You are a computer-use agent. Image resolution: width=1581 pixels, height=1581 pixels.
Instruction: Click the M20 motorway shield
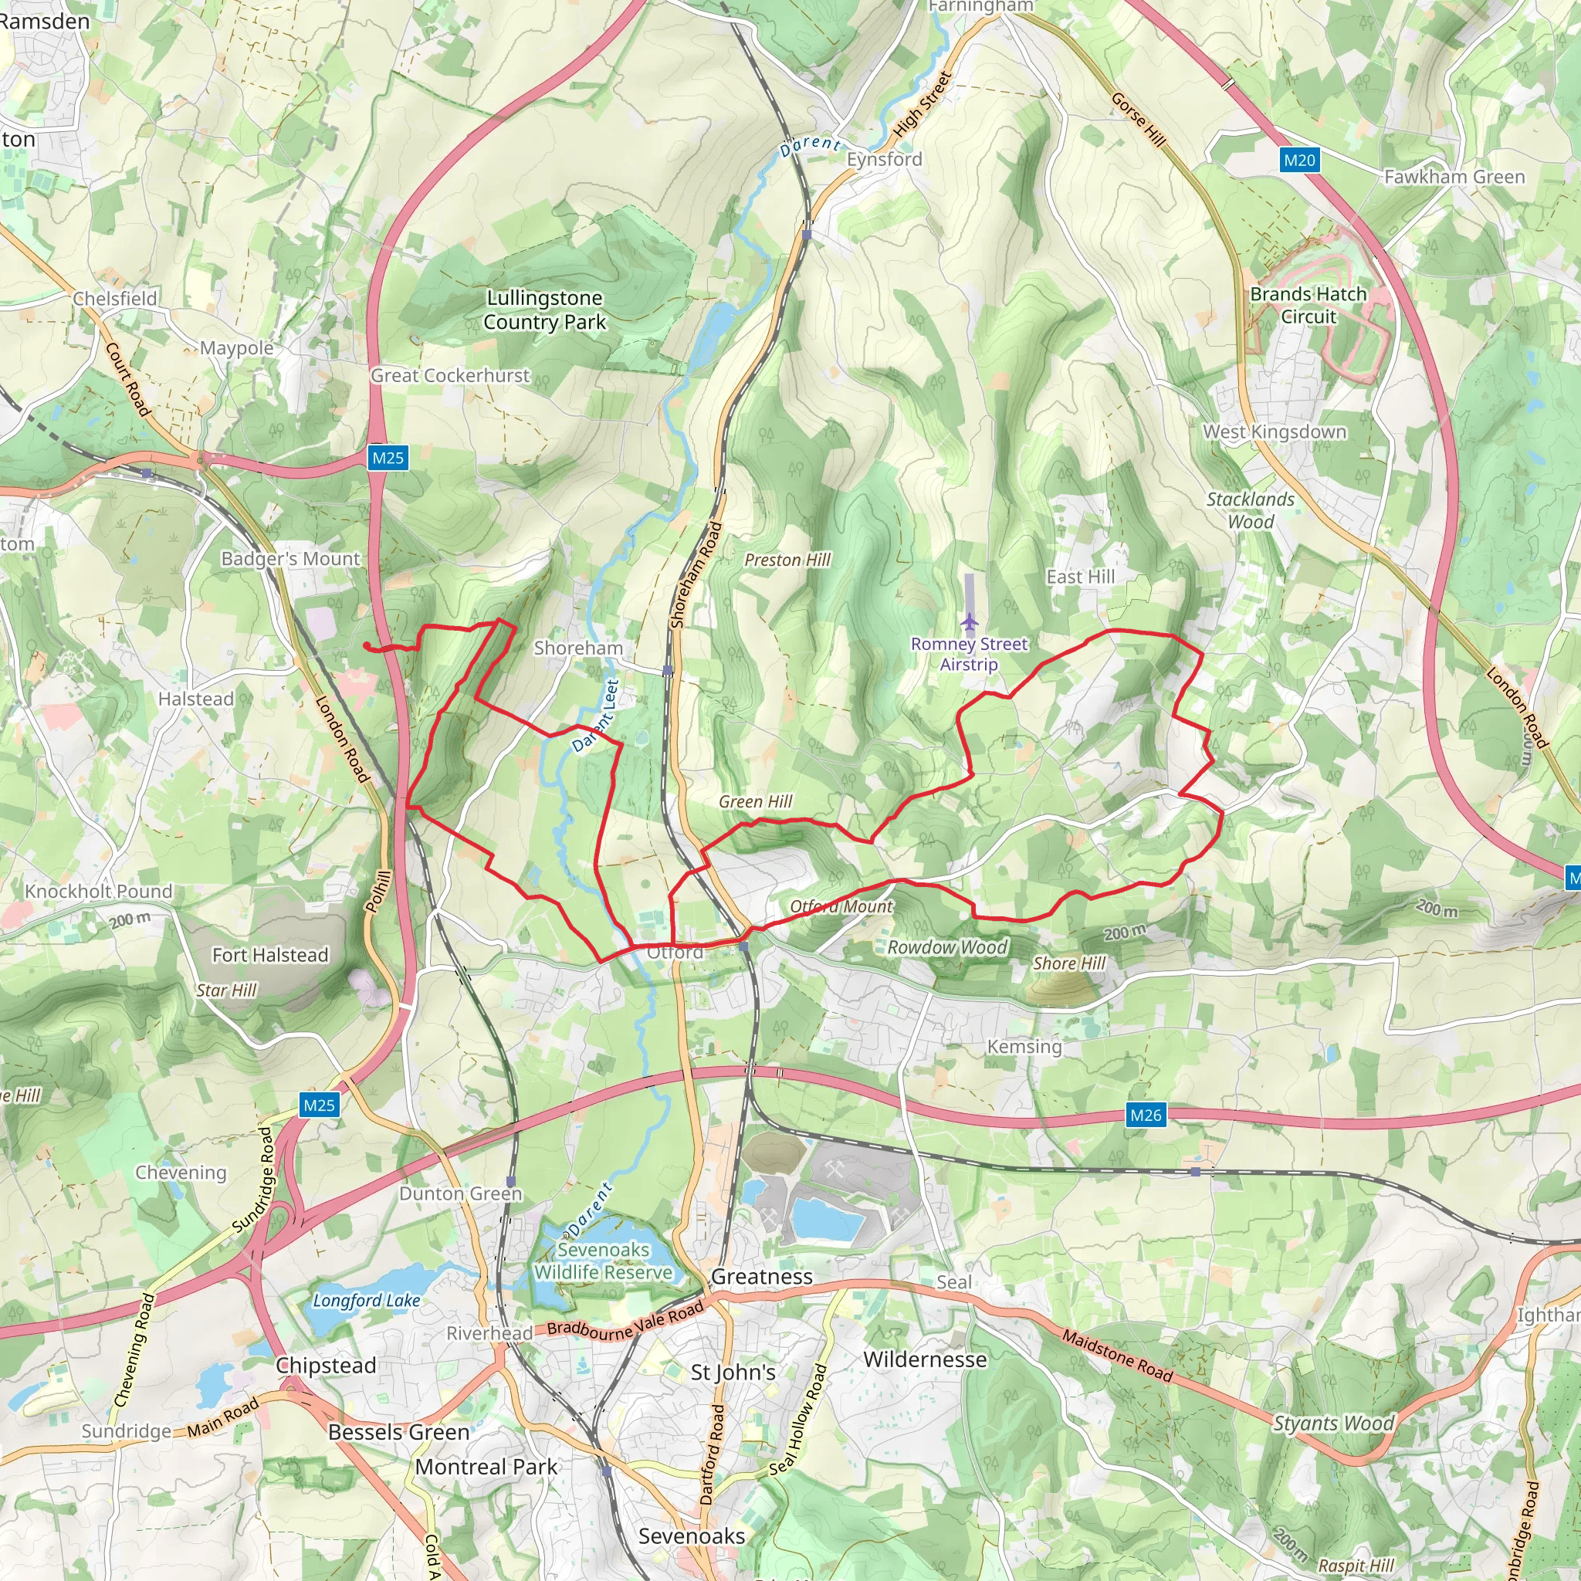(x=1298, y=160)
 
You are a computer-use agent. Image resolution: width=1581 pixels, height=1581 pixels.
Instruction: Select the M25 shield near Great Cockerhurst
(x=387, y=458)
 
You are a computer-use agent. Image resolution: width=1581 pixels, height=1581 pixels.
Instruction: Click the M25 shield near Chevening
(x=318, y=1105)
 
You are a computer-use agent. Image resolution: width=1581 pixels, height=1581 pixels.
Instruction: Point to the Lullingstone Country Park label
(x=544, y=310)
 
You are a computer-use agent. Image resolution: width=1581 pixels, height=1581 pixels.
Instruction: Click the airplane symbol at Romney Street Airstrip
(x=970, y=622)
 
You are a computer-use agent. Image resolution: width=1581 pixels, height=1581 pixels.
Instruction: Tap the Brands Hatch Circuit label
(x=1308, y=305)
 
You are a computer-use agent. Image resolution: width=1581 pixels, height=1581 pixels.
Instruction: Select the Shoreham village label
(x=577, y=648)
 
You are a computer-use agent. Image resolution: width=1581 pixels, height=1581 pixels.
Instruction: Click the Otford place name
(x=675, y=953)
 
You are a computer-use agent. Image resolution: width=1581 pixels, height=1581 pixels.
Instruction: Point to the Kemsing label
(x=1024, y=1047)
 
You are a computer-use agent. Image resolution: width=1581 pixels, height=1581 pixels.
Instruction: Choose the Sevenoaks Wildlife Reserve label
(x=603, y=1261)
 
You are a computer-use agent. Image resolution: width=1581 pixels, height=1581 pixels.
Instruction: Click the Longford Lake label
(x=367, y=1300)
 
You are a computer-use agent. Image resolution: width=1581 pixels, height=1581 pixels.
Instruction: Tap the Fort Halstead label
(x=270, y=955)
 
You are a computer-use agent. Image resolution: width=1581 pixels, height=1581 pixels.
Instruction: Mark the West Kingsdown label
(x=1274, y=432)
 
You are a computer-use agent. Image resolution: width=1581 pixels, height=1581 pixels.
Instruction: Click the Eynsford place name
(x=884, y=160)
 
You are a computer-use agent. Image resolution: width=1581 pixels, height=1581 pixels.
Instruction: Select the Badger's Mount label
(x=290, y=559)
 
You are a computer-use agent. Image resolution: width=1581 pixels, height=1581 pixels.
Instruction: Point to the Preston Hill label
(x=787, y=560)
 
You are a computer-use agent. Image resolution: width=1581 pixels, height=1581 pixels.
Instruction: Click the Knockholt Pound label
(x=99, y=891)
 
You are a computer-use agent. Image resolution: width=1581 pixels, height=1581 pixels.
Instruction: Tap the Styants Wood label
(x=1333, y=1423)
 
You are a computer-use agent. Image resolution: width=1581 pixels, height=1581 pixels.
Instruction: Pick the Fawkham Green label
(x=1454, y=177)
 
